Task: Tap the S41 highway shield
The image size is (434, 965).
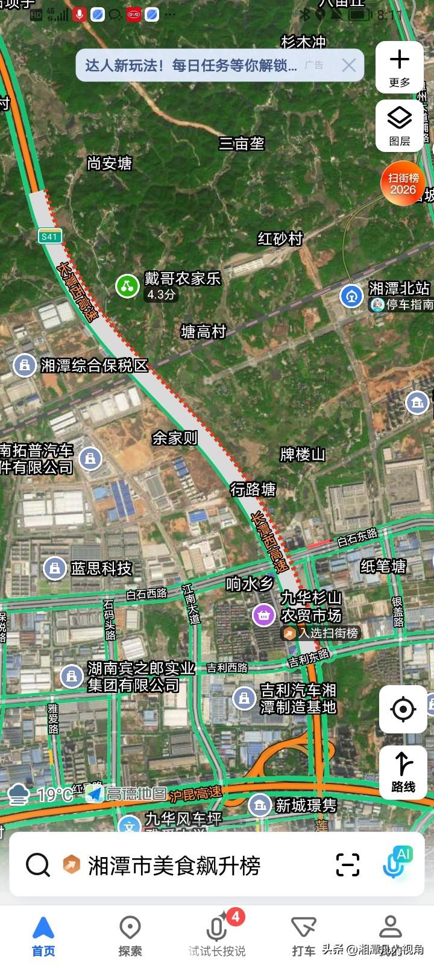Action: [49, 236]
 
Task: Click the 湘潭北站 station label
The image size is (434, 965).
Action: [399, 288]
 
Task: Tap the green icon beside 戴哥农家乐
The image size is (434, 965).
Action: [127, 285]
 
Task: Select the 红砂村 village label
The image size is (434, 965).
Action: [280, 239]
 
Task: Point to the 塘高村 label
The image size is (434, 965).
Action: [204, 332]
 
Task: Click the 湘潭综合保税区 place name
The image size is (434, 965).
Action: [94, 365]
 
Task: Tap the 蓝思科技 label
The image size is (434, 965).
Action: [101, 568]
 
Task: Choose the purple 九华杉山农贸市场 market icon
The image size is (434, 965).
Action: [263, 615]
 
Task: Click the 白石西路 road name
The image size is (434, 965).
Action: [146, 593]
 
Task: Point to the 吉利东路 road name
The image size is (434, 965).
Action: [309, 658]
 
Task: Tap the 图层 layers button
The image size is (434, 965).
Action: [399, 125]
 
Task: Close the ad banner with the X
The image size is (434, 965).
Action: [349, 65]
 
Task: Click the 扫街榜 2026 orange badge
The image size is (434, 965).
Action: [403, 183]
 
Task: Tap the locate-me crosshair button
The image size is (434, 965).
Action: [403, 709]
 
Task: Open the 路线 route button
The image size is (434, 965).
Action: [403, 771]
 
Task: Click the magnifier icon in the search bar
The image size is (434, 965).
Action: [38, 865]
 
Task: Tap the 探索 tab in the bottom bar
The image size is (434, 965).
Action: [130, 935]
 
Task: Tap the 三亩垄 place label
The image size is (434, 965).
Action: [242, 144]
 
